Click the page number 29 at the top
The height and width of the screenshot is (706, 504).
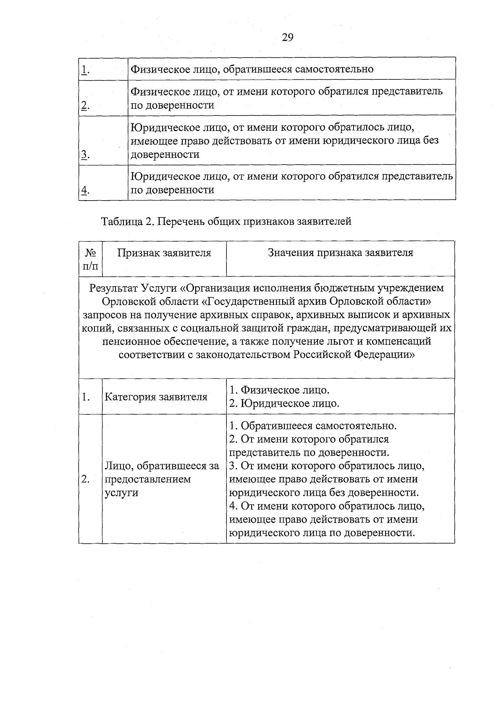(x=287, y=38)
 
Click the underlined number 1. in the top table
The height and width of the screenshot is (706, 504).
(x=85, y=70)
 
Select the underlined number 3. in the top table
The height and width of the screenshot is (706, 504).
(x=85, y=155)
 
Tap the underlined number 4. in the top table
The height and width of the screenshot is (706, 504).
(x=85, y=190)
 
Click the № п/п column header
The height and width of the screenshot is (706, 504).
(x=90, y=259)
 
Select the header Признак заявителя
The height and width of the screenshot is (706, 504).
(x=164, y=253)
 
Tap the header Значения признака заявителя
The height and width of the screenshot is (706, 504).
(x=340, y=253)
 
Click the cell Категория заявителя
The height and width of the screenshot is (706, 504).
(x=156, y=397)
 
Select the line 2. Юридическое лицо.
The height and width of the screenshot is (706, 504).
(x=284, y=403)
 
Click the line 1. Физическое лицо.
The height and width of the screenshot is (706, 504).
(x=279, y=390)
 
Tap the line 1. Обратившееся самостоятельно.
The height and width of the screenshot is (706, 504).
(x=313, y=426)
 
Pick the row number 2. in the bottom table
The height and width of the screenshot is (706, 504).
(x=85, y=479)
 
